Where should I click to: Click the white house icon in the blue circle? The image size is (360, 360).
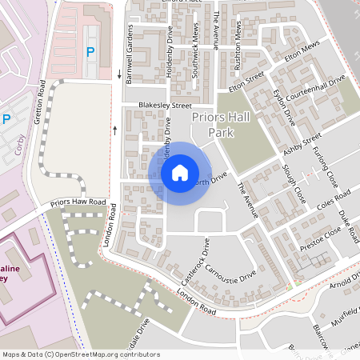click(x=180, y=172)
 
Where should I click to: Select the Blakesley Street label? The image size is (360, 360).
click(x=165, y=105)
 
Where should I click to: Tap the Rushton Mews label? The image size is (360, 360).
click(x=238, y=36)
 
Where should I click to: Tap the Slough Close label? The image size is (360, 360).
click(x=294, y=183)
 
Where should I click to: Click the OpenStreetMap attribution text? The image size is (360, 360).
click(x=81, y=354)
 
